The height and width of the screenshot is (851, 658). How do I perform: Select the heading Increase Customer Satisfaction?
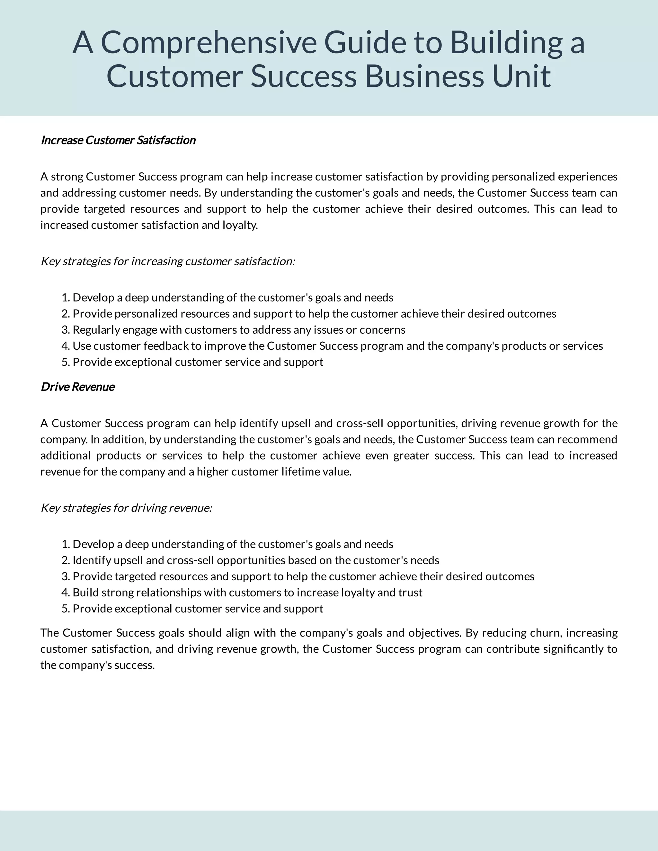click(118, 140)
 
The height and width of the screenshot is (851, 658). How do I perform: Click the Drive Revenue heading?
click(77, 387)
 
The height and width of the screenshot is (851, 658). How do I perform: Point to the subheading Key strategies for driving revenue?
click(126, 508)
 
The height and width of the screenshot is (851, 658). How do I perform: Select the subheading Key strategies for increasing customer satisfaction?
click(168, 261)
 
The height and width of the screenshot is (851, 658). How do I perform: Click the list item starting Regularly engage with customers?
click(239, 330)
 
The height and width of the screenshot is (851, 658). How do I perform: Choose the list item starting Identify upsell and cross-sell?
click(256, 560)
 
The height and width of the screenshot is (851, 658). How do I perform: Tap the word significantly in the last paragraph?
click(570, 649)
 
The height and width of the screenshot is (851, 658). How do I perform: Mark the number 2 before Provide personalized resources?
click(65, 314)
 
